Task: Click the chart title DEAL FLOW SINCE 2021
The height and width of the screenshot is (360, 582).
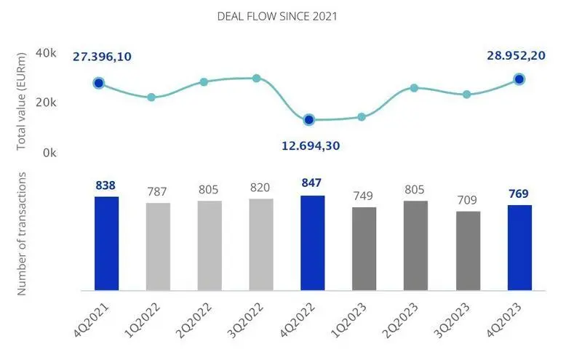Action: coord(276,16)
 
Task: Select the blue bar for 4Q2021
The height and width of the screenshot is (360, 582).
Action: coord(106,244)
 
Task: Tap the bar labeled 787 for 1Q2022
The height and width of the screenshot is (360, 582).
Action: coord(158,247)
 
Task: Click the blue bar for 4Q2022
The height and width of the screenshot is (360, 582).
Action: coord(312,243)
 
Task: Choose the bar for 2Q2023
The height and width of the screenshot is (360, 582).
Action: coord(415,246)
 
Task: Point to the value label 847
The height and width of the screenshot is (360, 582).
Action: coord(312,183)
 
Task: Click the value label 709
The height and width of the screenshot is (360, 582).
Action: coord(467,199)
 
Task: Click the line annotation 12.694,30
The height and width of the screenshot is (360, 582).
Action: coord(311,145)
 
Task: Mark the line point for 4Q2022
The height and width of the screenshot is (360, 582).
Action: coord(309,119)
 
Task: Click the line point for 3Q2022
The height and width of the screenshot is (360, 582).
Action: coord(257,78)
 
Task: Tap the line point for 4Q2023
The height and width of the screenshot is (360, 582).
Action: coord(519,79)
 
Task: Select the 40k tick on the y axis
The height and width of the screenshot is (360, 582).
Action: coord(47,53)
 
